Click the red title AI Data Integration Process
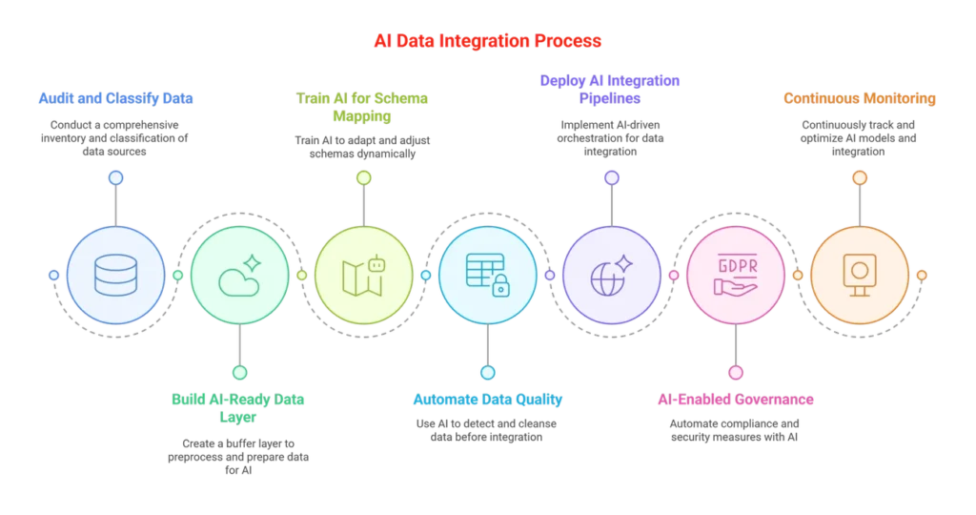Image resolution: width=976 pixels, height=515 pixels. coord(487,42)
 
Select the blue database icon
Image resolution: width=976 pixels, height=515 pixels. coord(115,276)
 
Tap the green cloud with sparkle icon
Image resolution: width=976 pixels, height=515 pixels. coord(239,276)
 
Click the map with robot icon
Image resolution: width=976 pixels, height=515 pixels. coord(363,276)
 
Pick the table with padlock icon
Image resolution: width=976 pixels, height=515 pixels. coord(487,276)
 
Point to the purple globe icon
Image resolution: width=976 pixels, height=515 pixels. coord(611,276)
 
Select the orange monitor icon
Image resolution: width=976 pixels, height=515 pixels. coord(859,276)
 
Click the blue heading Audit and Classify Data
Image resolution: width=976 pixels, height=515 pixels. coord(114,97)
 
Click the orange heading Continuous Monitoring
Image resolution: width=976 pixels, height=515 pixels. coord(859,97)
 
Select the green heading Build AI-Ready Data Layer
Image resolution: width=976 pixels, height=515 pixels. coord(240,408)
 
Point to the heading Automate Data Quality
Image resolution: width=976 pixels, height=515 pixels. coord(488,399)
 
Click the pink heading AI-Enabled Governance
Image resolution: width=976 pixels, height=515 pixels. coord(735,399)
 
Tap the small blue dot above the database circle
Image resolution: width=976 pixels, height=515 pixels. coord(115,177)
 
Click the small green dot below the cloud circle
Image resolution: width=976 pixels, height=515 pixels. coord(239,372)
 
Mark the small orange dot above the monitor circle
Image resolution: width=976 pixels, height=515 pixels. coord(859,177)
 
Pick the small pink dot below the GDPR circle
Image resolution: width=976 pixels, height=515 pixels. coord(735,372)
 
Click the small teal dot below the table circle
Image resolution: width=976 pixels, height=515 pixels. coord(487,372)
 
